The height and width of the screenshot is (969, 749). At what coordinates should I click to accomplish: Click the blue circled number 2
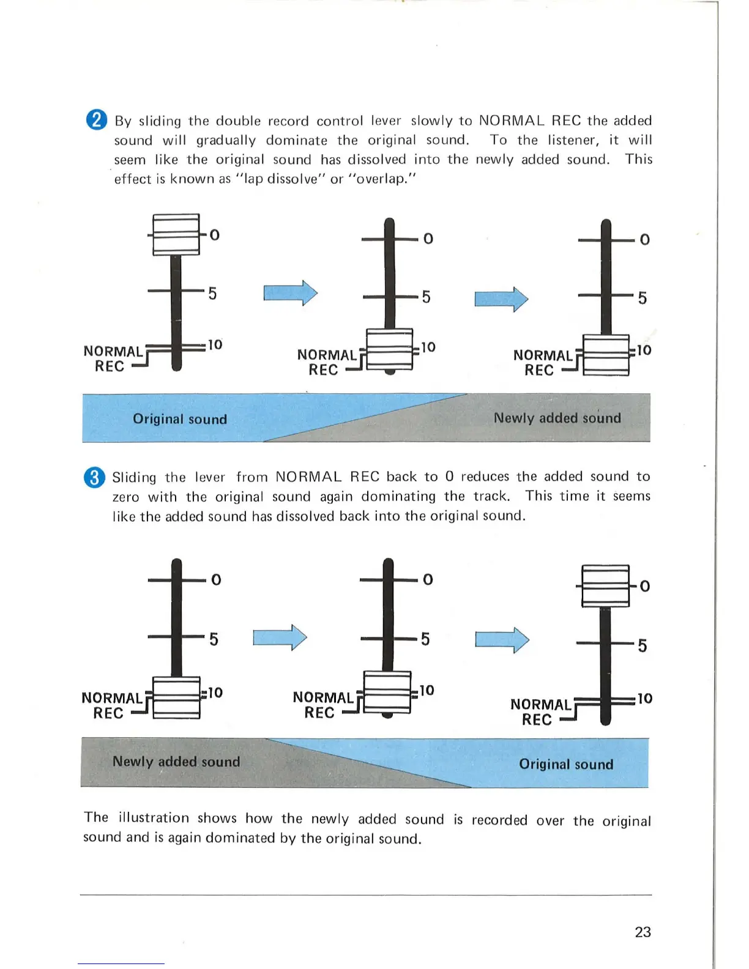[97, 119]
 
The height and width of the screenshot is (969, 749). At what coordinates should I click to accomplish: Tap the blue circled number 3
[94, 477]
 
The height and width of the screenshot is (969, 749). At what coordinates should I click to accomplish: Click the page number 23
[643, 932]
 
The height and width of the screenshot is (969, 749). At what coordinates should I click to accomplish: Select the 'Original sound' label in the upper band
[180, 419]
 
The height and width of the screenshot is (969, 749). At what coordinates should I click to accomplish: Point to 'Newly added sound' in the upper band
[557, 418]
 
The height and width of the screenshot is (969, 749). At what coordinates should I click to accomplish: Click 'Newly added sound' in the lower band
[176, 762]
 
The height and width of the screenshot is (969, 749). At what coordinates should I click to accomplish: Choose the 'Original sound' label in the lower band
[566, 764]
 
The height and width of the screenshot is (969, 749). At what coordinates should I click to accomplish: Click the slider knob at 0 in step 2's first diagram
[176, 234]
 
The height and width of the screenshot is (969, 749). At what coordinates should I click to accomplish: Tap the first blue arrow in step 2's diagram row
[291, 293]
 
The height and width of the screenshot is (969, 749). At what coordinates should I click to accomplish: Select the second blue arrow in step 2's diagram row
[501, 299]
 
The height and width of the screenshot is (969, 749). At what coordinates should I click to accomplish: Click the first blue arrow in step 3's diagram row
[280, 637]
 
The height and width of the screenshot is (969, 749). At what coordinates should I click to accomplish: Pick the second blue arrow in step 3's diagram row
[502, 640]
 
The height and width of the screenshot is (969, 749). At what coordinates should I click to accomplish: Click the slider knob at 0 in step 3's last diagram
[605, 586]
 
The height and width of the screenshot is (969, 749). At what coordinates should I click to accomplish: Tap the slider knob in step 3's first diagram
[176, 697]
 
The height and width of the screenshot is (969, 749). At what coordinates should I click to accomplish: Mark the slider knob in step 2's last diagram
[606, 355]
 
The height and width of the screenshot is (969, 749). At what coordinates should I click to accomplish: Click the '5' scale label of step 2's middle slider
[426, 297]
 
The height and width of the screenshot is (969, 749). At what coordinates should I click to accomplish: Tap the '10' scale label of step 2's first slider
[215, 345]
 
